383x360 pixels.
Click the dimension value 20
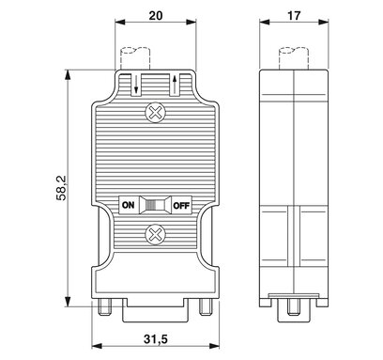[156, 15]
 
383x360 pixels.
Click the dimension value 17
[294, 15]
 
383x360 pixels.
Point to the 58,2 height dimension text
[61, 188]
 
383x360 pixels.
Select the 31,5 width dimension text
[156, 338]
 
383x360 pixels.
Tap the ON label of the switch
[128, 205]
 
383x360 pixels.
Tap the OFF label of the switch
[181, 206]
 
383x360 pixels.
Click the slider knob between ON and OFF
[155, 205]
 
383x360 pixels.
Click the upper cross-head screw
[155, 112]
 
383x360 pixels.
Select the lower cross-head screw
[155, 235]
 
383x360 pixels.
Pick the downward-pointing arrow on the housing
[136, 84]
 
